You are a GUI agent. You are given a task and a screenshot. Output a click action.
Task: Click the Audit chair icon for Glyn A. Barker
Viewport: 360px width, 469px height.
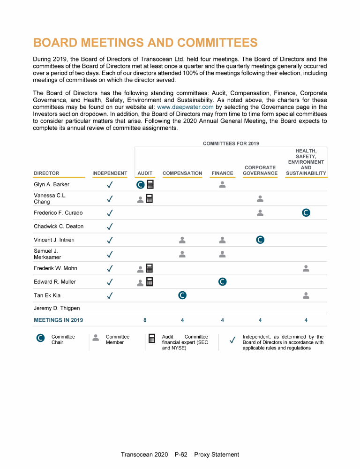tap(140, 185)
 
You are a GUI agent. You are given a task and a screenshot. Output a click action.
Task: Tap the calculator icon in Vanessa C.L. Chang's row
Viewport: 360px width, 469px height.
tap(150, 199)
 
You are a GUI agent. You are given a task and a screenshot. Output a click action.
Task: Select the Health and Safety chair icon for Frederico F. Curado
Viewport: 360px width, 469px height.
tap(306, 212)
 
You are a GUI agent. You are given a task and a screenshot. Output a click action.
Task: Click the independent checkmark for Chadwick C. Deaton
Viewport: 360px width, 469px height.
tap(110, 227)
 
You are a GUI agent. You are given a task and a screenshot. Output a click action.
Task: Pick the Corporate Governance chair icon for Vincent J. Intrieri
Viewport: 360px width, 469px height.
tap(260, 240)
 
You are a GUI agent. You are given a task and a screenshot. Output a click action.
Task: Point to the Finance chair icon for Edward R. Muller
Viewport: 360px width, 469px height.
tap(223, 282)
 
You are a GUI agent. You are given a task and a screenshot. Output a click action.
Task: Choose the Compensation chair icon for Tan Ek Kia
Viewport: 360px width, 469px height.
tap(182, 295)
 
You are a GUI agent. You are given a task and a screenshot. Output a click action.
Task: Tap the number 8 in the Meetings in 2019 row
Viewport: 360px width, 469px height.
tap(145, 320)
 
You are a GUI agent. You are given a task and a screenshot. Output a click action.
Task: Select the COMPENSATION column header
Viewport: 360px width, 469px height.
tap(182, 174)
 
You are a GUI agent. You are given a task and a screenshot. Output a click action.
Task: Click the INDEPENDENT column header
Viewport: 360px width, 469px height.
tap(110, 174)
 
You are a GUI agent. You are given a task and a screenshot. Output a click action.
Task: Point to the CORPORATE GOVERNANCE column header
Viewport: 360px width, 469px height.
tap(260, 170)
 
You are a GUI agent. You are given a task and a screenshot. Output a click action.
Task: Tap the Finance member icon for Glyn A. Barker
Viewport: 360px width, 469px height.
tap(223, 185)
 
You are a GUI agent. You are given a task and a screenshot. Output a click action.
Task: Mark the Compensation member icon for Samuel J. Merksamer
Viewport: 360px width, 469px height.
tap(182, 254)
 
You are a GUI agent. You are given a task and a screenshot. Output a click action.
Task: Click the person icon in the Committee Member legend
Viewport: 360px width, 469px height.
tap(96, 337)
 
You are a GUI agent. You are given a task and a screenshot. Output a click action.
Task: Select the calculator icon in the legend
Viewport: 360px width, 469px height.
tap(152, 339)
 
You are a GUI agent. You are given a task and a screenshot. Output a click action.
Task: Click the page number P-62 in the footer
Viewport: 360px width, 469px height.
tap(181, 454)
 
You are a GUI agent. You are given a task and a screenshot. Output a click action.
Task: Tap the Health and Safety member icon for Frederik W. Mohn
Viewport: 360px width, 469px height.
tap(306, 268)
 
